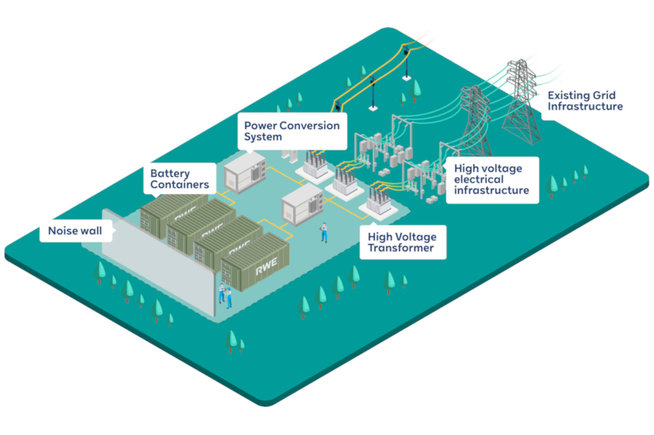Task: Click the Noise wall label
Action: point(75,231)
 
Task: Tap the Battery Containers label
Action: point(179,179)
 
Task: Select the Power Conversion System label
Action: point(292,131)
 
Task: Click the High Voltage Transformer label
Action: point(402,242)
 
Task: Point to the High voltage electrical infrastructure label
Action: point(492,180)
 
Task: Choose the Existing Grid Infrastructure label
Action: point(585,101)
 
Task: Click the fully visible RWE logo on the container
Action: point(267,266)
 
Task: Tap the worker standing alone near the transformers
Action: point(324,232)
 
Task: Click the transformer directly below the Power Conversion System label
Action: point(316,165)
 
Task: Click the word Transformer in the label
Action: point(401,248)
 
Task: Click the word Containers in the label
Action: point(179,184)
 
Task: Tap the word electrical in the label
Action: point(479,180)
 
